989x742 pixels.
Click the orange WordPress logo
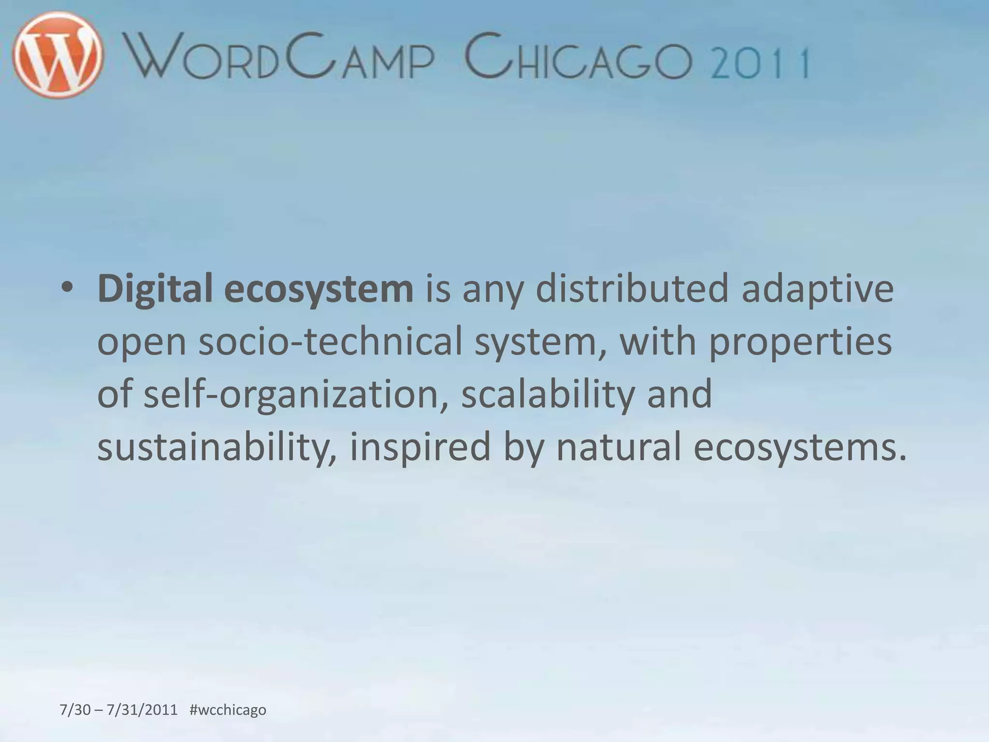pyautogui.click(x=58, y=55)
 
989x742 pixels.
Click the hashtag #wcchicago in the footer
pyautogui.click(x=228, y=710)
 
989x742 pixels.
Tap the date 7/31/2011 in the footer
pyautogui.click(x=142, y=710)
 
